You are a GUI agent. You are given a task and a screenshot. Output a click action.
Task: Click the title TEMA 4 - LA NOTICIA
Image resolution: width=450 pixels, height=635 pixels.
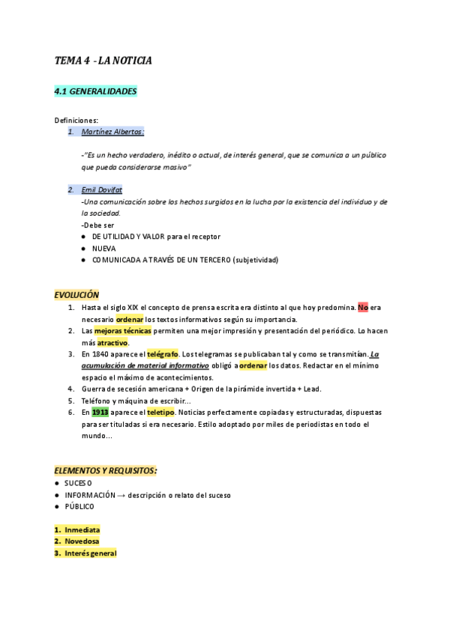click(x=103, y=60)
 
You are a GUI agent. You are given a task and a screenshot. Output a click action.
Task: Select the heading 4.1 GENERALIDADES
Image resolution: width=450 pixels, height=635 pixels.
click(x=95, y=91)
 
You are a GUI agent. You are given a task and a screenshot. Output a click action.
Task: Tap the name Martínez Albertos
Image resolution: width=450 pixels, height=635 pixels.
click(x=112, y=132)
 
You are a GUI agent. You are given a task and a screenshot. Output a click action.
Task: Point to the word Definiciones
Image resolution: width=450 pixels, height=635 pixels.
click(x=76, y=120)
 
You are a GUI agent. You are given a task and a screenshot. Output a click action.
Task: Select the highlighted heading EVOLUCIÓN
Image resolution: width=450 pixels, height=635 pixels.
click(x=76, y=295)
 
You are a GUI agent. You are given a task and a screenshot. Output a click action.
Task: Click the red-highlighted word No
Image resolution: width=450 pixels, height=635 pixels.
click(x=363, y=307)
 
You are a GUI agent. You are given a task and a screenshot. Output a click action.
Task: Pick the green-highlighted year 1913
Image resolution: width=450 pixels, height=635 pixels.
click(x=100, y=412)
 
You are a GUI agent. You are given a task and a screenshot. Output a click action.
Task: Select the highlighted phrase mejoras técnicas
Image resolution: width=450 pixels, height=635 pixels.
click(x=122, y=330)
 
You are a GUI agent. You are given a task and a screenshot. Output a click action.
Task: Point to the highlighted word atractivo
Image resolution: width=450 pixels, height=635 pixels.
click(x=112, y=342)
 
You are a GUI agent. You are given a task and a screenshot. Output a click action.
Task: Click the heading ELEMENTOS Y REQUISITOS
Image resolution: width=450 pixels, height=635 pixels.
click(x=106, y=470)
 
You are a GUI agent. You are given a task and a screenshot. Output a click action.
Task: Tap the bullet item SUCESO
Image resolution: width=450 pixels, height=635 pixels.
click(x=78, y=483)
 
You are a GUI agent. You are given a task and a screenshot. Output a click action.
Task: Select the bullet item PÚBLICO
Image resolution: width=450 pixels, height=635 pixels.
click(x=79, y=507)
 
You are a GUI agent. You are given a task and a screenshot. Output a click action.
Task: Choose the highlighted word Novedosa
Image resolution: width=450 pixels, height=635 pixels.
click(x=82, y=541)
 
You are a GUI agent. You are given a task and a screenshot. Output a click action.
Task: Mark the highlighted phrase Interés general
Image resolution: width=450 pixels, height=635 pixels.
click(x=90, y=553)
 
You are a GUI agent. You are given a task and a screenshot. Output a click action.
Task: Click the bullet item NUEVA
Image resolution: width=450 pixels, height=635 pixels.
click(x=104, y=248)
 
